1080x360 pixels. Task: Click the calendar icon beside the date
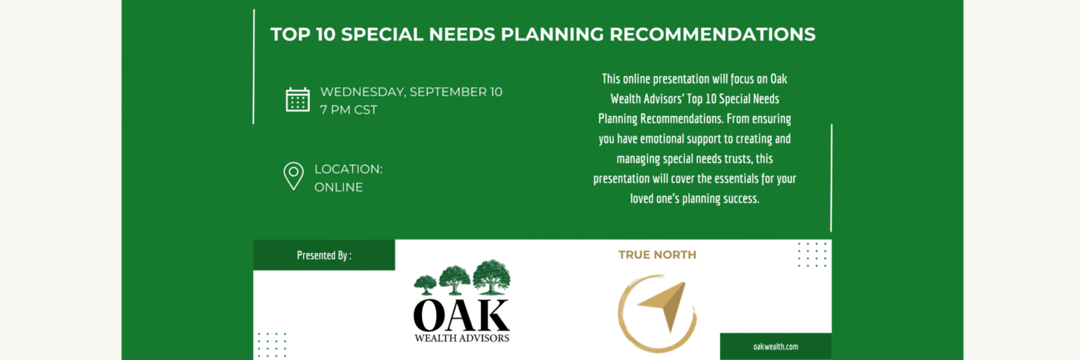point(297,100)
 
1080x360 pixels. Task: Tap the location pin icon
point(294,176)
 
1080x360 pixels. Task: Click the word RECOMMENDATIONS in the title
point(712,34)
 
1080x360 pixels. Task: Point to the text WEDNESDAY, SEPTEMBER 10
point(411,91)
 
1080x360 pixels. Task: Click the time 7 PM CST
point(349,110)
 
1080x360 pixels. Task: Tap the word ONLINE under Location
point(338,187)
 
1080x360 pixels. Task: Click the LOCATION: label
point(348,169)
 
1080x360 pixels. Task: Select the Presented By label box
point(324,255)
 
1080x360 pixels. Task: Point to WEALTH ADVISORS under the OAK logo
point(462,337)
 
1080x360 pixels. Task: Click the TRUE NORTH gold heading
point(657,255)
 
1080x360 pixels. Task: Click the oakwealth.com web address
point(776,347)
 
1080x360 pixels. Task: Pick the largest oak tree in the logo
point(491,276)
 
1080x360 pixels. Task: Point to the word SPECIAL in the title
point(382,34)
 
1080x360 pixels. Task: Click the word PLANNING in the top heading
point(552,34)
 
